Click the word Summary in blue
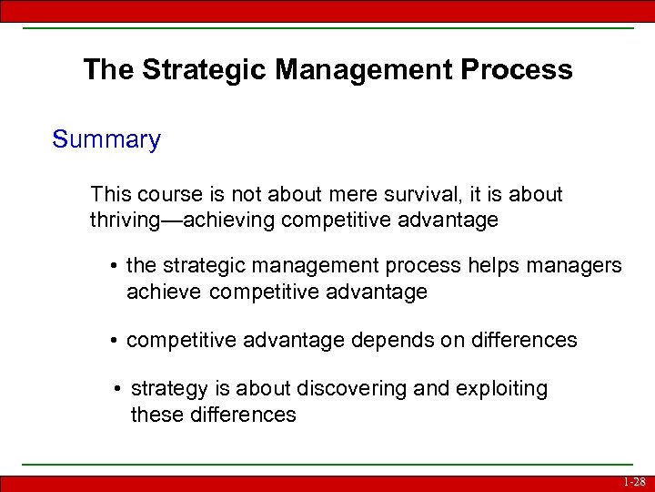coord(106,140)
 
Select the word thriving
coord(127,220)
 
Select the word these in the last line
coord(156,415)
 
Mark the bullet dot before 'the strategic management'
coord(115,266)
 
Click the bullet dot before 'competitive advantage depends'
coord(115,341)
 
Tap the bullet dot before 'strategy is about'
coord(119,389)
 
